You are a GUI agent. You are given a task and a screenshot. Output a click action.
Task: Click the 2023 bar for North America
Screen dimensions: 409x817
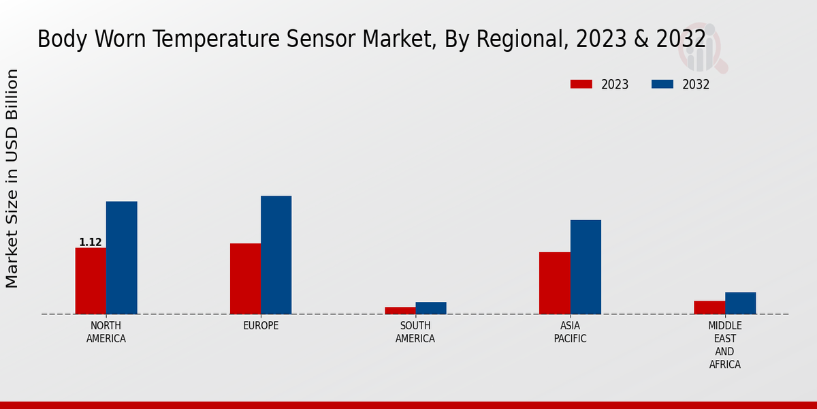[x=91, y=281]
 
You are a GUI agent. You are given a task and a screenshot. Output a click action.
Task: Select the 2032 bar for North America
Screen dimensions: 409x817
[x=121, y=258]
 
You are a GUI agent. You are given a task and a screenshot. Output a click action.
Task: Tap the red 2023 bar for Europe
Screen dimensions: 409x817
[x=245, y=279]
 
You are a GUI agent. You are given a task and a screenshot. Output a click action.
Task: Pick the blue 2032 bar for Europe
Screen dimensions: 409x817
[x=276, y=255]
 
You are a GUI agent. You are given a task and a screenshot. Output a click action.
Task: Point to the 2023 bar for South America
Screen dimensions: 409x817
[x=400, y=310]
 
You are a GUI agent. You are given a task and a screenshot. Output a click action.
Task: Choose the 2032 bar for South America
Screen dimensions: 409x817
[x=430, y=308]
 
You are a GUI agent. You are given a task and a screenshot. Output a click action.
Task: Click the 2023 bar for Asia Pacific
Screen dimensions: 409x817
[x=554, y=283]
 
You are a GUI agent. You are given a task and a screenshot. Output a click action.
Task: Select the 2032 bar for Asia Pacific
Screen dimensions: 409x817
[x=586, y=267]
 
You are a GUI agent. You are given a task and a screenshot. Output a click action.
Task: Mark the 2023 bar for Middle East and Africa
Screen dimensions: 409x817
[x=709, y=307]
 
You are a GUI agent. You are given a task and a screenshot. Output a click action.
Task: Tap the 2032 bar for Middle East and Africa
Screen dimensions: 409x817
[x=740, y=303]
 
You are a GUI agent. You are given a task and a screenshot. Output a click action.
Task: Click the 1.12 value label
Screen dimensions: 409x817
[x=91, y=242]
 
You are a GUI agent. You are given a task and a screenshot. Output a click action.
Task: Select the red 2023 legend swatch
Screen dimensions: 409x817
[x=581, y=85]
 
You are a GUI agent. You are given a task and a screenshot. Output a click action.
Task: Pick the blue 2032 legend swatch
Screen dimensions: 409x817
[x=662, y=85]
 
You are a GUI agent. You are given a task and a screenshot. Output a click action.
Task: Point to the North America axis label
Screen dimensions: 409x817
[x=106, y=332]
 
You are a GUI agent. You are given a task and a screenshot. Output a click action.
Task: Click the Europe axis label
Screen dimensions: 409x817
[x=261, y=326]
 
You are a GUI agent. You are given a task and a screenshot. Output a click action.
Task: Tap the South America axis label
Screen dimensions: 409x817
[x=415, y=332]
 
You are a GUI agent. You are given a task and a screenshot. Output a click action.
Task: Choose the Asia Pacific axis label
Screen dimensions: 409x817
[x=570, y=332]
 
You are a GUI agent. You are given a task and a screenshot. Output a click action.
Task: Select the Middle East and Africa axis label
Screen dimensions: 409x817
[x=724, y=345]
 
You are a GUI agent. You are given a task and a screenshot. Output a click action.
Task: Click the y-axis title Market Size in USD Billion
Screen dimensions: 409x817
[x=12, y=179]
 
